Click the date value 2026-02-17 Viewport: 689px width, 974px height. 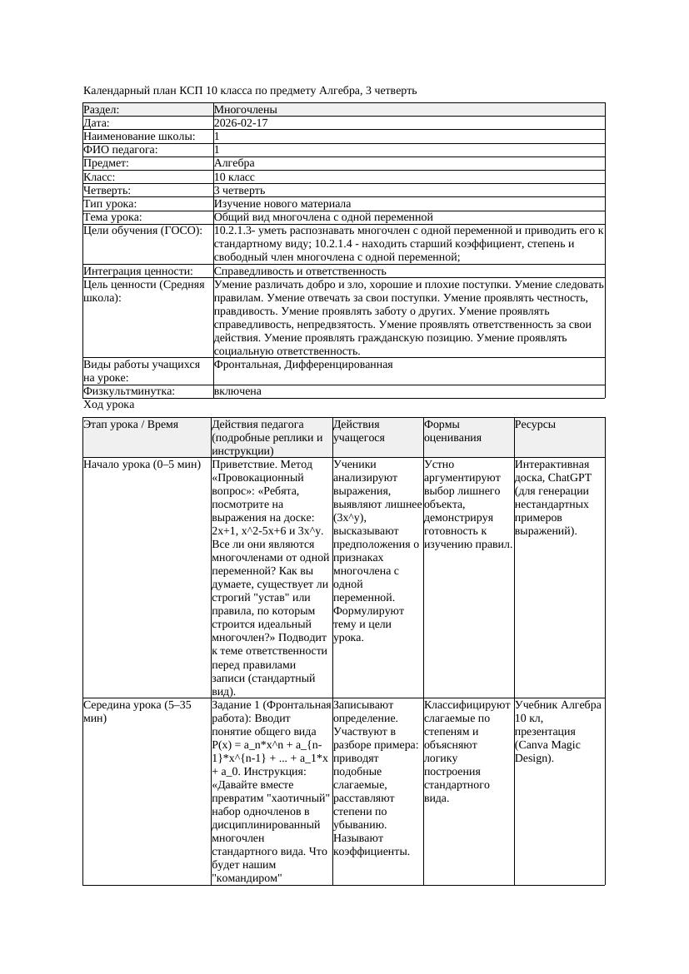click(x=241, y=123)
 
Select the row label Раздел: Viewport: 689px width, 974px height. click(x=102, y=110)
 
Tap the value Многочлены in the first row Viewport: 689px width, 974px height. click(x=246, y=110)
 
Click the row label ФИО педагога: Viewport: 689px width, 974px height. click(x=121, y=150)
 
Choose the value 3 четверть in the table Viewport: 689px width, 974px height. click(x=239, y=191)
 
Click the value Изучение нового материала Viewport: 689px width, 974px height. click(x=282, y=204)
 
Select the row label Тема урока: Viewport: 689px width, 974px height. click(x=112, y=217)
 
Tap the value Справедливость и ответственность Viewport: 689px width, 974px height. click(x=300, y=271)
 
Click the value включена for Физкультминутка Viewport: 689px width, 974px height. click(x=237, y=391)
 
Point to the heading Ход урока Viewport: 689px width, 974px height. click(x=109, y=405)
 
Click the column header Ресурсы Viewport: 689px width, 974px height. click(x=535, y=425)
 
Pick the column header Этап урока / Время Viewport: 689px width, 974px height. click(x=131, y=425)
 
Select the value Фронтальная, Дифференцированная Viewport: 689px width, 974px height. click(x=303, y=365)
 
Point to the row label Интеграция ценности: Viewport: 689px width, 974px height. click(x=138, y=271)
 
